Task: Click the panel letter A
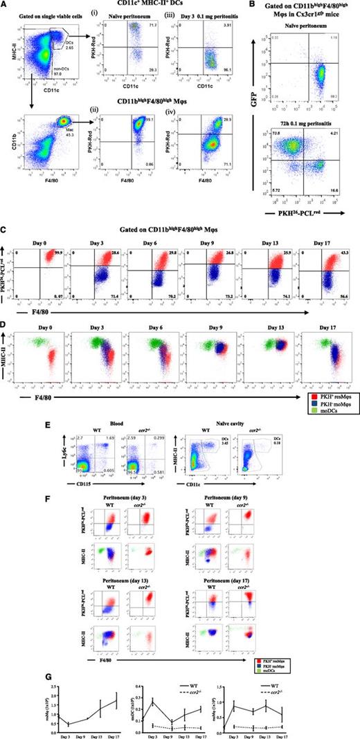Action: (x=5, y=6)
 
